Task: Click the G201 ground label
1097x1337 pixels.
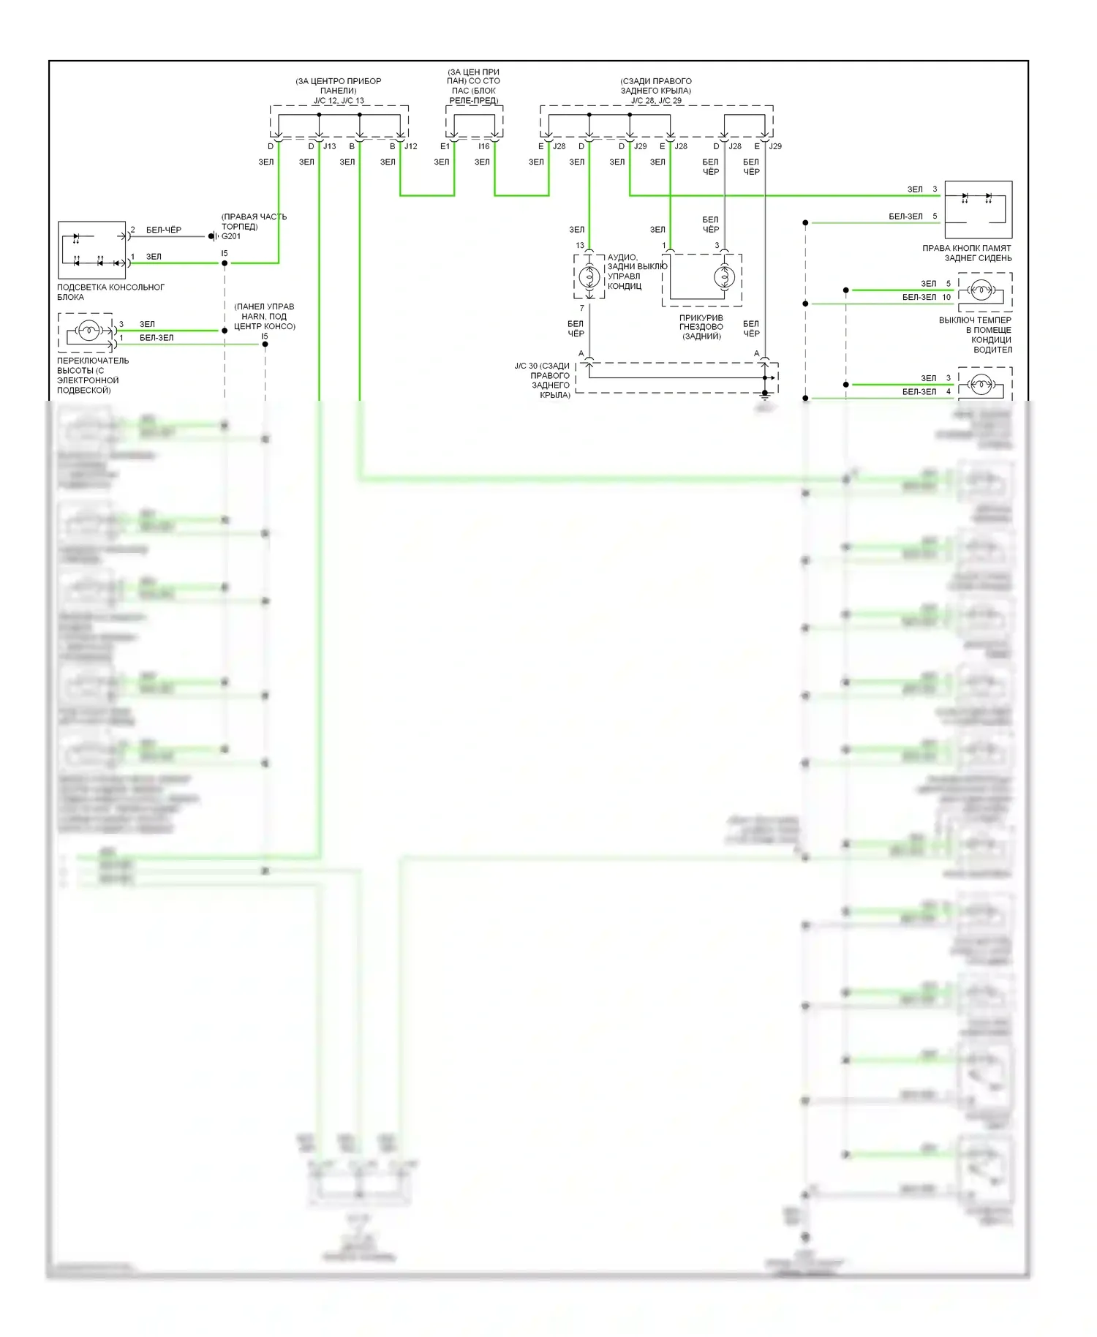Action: coord(231,236)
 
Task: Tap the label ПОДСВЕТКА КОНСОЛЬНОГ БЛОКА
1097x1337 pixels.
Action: coord(110,292)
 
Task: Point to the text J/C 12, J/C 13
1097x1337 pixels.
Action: coord(339,101)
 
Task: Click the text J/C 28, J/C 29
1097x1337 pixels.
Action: coord(656,101)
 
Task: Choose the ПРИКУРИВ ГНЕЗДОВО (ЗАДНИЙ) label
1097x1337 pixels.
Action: coord(701,327)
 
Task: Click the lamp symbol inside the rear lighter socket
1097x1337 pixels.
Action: coord(724,276)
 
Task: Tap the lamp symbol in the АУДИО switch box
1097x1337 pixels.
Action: coord(589,276)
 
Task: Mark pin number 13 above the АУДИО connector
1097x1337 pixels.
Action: coord(580,246)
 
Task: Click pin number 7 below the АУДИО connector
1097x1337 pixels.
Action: coord(582,308)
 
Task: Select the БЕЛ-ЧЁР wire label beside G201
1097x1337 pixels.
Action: coord(164,230)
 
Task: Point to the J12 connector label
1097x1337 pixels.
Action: coord(411,146)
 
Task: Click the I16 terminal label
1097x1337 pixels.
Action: coord(484,146)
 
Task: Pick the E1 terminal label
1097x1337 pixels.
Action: coord(445,146)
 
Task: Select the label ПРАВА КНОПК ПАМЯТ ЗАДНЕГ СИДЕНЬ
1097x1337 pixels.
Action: coord(967,253)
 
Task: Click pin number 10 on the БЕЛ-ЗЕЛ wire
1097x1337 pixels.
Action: coord(946,297)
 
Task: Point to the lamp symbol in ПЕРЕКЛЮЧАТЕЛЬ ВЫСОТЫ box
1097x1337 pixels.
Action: coord(88,331)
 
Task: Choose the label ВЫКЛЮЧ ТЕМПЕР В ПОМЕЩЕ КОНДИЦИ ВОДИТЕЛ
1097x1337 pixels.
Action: coord(976,335)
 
